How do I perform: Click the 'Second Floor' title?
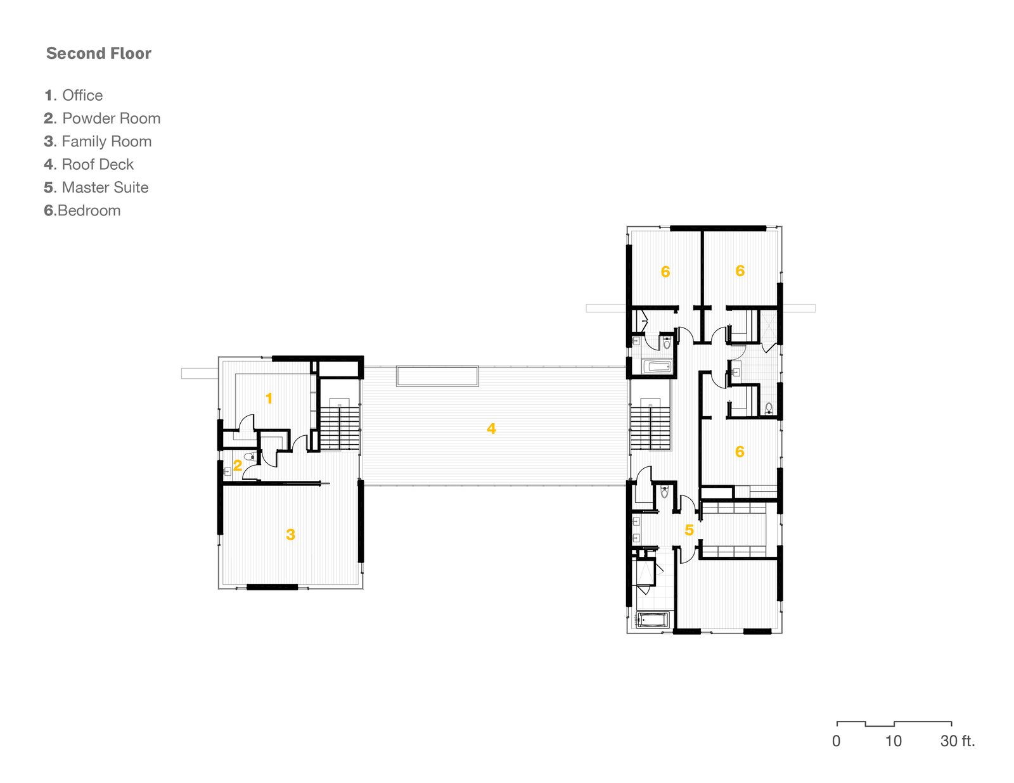[x=98, y=53]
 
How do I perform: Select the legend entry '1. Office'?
[x=74, y=95]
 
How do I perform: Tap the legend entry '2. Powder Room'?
[x=102, y=118]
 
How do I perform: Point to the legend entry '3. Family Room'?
[x=98, y=141]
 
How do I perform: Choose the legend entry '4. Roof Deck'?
[x=89, y=164]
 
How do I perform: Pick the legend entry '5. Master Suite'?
[x=96, y=187]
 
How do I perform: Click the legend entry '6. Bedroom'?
[x=82, y=210]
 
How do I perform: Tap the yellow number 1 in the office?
[x=269, y=398]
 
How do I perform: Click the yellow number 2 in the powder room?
[x=238, y=465]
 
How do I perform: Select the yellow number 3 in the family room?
[x=290, y=534]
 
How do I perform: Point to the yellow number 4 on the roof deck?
[x=491, y=429]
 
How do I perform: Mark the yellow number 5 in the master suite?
[x=689, y=530]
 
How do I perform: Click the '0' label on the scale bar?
[x=836, y=741]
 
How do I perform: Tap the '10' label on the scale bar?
[x=893, y=741]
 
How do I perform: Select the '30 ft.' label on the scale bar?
[x=958, y=741]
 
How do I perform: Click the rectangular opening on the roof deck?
[x=437, y=376]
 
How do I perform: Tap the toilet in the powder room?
[x=250, y=456]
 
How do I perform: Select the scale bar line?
[x=894, y=724]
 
